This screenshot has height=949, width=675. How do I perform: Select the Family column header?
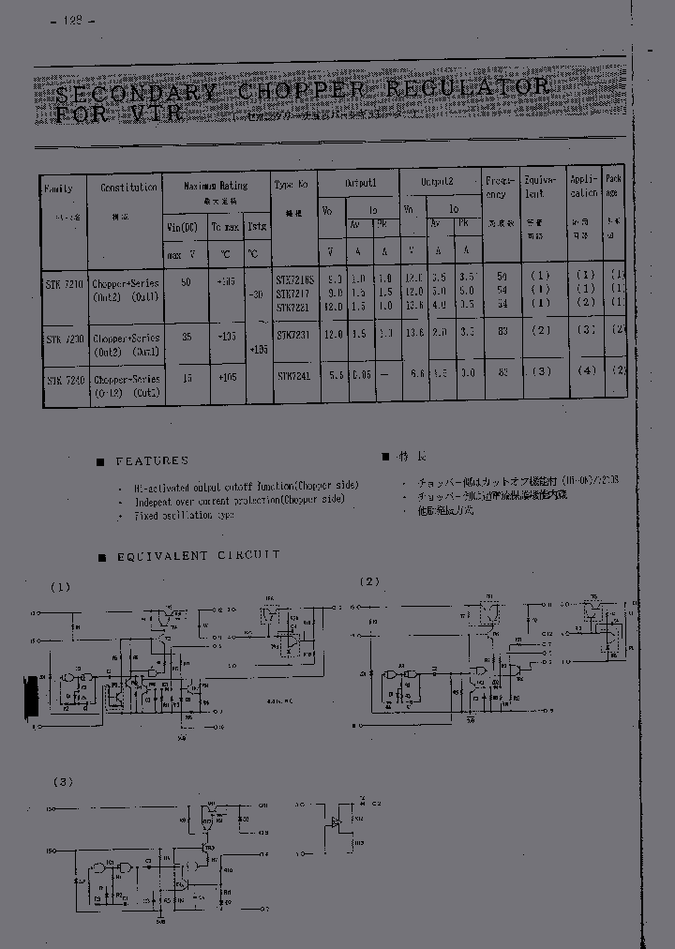[x=60, y=188]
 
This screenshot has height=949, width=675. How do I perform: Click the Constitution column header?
[x=128, y=188]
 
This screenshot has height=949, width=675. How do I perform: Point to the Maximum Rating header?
[x=216, y=186]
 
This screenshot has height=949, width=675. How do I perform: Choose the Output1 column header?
[x=360, y=183]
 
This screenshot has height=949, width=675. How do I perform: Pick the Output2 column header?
[x=437, y=181]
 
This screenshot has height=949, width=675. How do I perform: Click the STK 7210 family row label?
[x=64, y=282]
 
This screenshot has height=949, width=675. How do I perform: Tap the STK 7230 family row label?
[x=64, y=339]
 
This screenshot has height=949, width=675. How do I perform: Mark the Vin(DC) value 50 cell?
[x=186, y=281]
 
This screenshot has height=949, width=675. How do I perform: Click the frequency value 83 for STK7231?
[x=502, y=331]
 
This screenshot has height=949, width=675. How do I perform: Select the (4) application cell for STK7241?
[x=587, y=370]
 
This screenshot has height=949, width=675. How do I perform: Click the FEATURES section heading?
[x=152, y=461]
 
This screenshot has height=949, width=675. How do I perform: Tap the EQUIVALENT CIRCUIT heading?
[x=198, y=556]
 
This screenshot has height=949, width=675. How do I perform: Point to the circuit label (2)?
[x=369, y=581]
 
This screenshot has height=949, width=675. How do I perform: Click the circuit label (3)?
[x=62, y=781]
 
